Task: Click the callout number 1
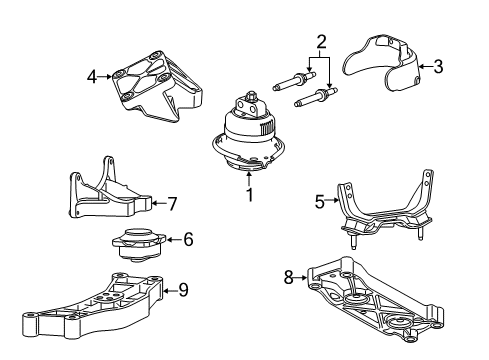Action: tap(250, 195)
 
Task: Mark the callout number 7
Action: tap(172, 204)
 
